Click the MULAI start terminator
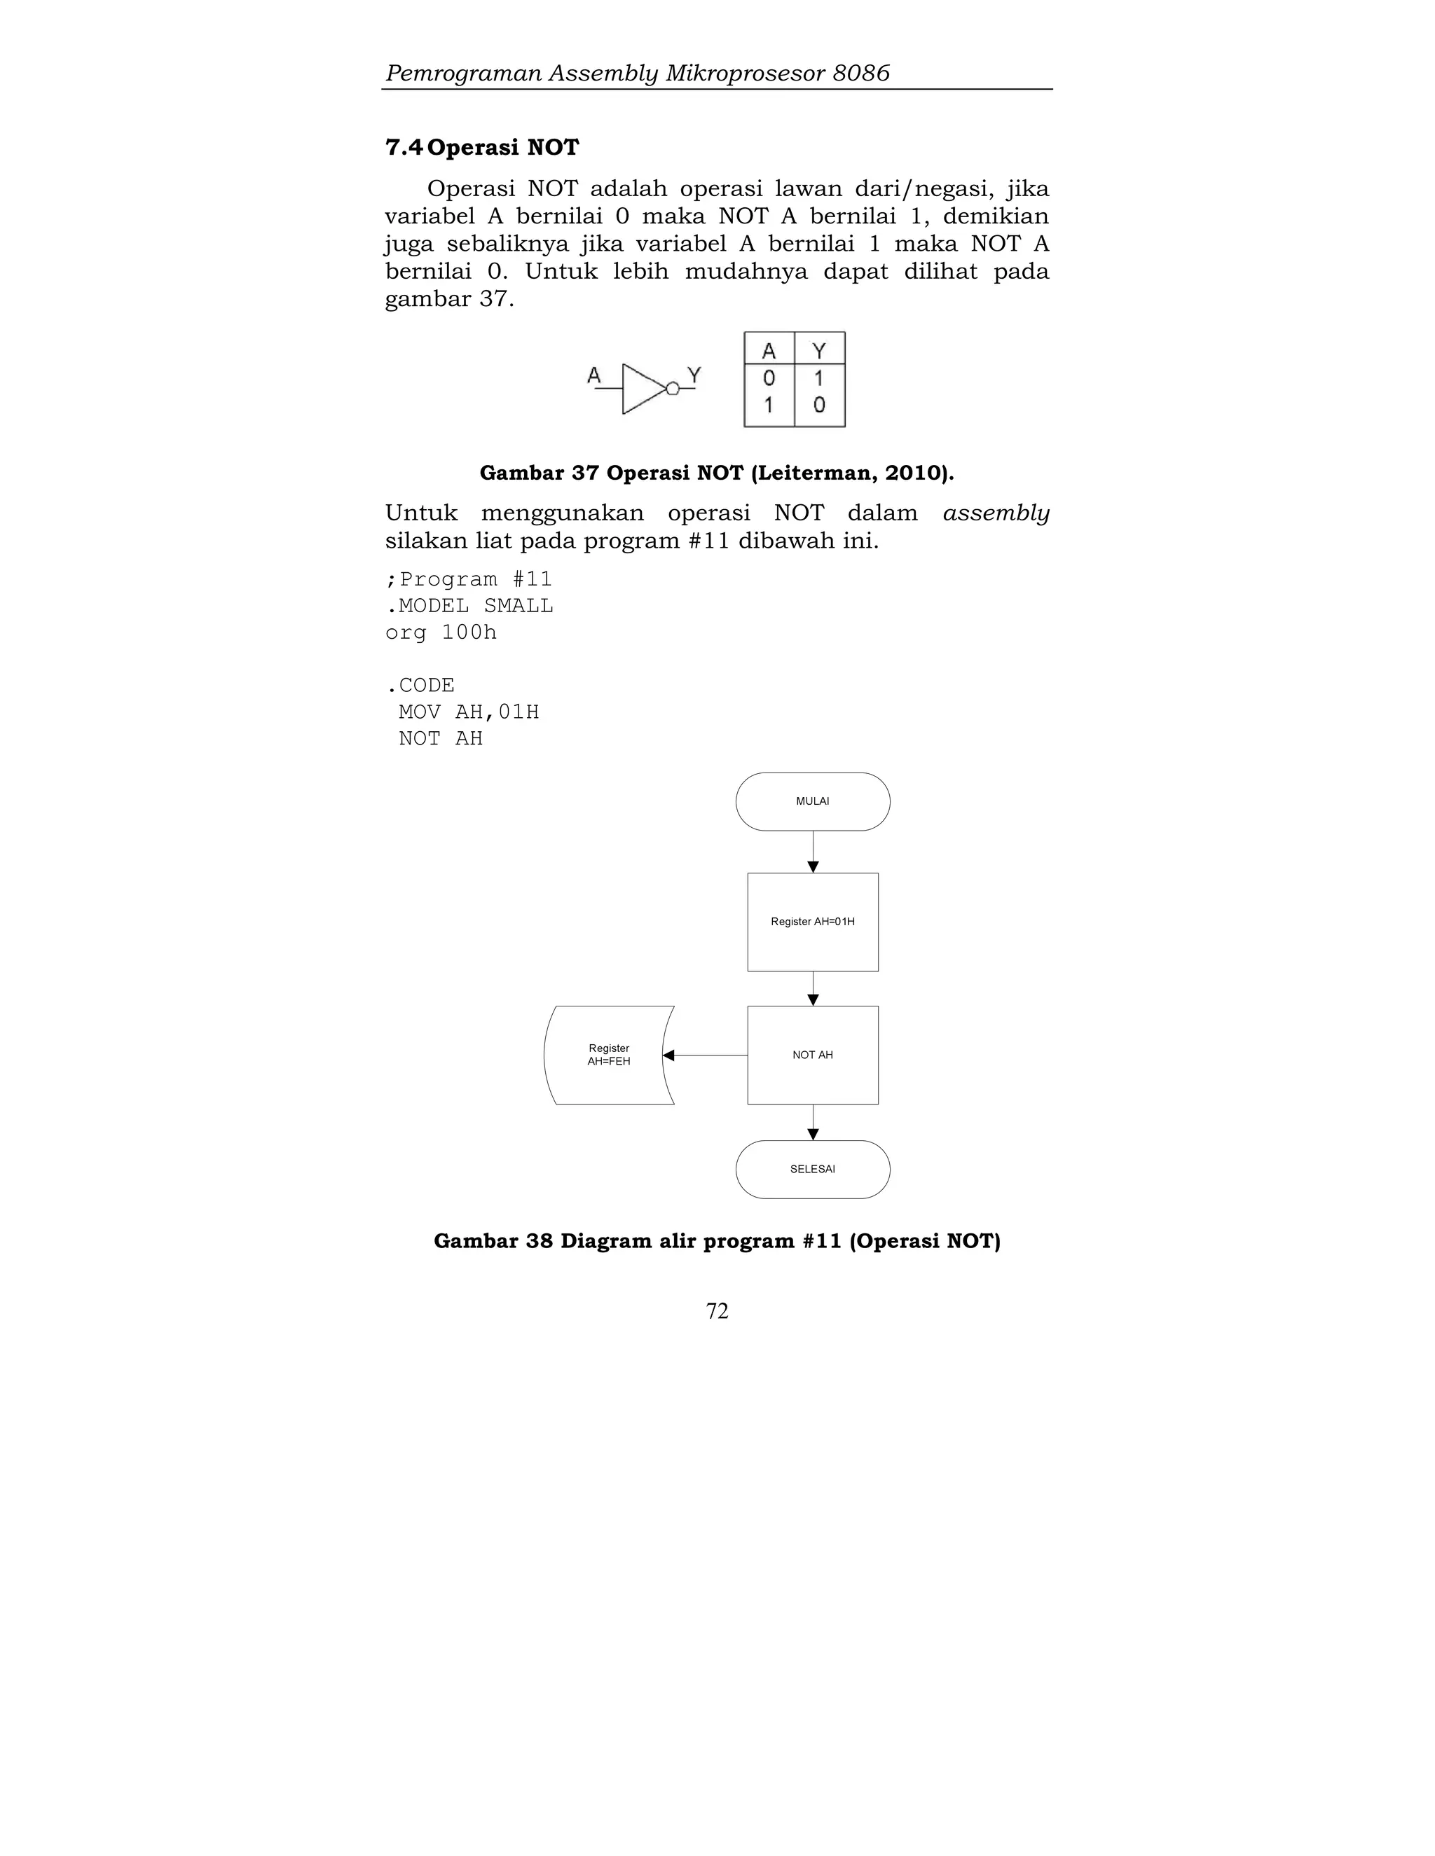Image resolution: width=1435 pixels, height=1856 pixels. pos(812,801)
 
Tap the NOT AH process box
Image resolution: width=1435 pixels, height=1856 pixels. pos(812,1055)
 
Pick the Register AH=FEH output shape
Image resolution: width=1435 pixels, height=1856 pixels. pos(609,1055)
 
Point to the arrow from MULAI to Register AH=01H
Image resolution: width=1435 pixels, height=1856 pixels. pos(813,852)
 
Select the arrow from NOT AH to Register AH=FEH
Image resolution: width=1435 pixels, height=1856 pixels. pos(705,1055)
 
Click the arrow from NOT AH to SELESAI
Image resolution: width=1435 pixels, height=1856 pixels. pos(813,1122)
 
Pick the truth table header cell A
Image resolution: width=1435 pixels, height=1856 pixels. pos(769,350)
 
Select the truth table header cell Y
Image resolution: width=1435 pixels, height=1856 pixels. pos(820,350)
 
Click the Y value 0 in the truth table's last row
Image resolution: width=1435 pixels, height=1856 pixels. pos(820,406)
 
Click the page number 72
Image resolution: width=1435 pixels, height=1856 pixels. pos(717,1310)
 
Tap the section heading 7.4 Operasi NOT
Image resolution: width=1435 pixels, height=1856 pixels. pos(482,148)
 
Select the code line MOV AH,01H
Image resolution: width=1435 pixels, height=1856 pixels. pos(469,712)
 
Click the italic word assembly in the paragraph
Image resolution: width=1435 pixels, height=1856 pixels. pos(996,513)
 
